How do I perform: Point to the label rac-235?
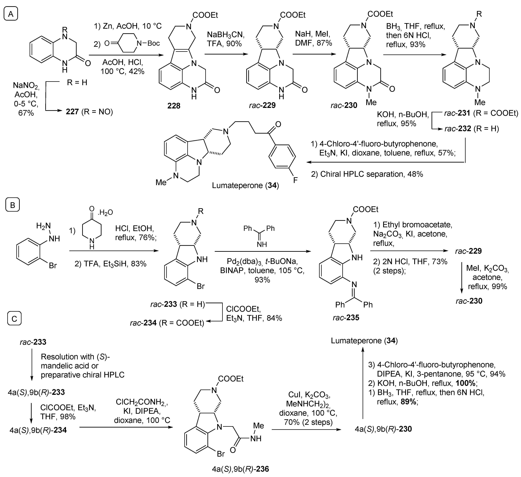click(x=346, y=318)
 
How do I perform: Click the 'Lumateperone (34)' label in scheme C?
click(x=364, y=340)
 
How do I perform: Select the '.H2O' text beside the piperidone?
click(x=105, y=213)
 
